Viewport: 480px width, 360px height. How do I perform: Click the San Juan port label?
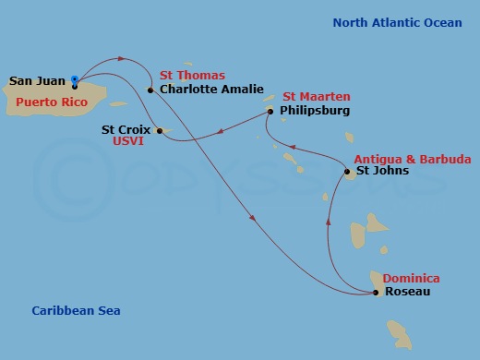pos(37,81)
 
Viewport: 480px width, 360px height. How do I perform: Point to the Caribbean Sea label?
pos(76,311)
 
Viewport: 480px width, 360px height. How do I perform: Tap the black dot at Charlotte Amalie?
pos(150,90)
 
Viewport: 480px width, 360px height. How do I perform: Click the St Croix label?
pos(126,130)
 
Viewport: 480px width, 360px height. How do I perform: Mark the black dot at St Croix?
pos(159,130)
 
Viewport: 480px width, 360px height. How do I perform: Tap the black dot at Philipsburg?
pos(270,111)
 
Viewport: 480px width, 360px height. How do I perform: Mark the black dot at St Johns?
pos(347,171)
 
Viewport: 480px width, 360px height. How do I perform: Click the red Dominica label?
pos(411,279)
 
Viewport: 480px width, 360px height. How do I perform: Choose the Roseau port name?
pos(407,293)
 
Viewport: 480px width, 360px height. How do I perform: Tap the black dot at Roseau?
pos(375,293)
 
